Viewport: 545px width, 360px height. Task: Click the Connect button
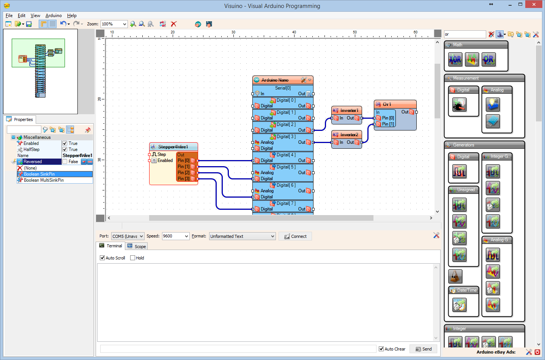[295, 236]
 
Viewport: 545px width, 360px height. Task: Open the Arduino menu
[54, 16]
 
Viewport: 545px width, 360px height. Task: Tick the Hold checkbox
[133, 258]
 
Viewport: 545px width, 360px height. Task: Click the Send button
[423, 349]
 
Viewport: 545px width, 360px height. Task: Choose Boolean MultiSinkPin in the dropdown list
[44, 180]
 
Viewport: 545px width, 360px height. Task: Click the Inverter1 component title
[349, 110]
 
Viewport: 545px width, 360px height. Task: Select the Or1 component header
[395, 104]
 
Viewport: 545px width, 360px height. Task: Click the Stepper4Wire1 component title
[173, 147]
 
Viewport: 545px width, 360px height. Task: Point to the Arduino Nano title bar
[275, 80]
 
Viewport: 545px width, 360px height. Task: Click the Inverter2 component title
[349, 135]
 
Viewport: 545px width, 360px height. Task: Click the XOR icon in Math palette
[455, 60]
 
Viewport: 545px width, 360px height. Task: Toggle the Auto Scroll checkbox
[102, 258]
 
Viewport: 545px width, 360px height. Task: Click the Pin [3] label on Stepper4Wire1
[183, 179]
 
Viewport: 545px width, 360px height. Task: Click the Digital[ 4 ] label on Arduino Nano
[286, 155]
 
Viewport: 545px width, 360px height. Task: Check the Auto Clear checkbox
[381, 349]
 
